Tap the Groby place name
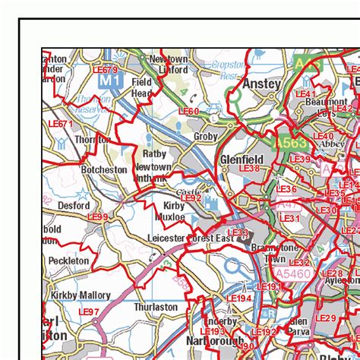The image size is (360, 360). [206, 137]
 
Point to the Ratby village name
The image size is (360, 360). [154, 153]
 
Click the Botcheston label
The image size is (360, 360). [104, 170]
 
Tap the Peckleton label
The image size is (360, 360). [68, 261]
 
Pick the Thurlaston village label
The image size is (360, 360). [156, 307]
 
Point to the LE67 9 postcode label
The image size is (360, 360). [105, 70]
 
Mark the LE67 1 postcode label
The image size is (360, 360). [60, 124]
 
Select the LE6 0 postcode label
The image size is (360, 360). [188, 112]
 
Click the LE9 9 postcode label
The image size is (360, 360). [97, 216]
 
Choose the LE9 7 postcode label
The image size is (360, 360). [89, 312]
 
